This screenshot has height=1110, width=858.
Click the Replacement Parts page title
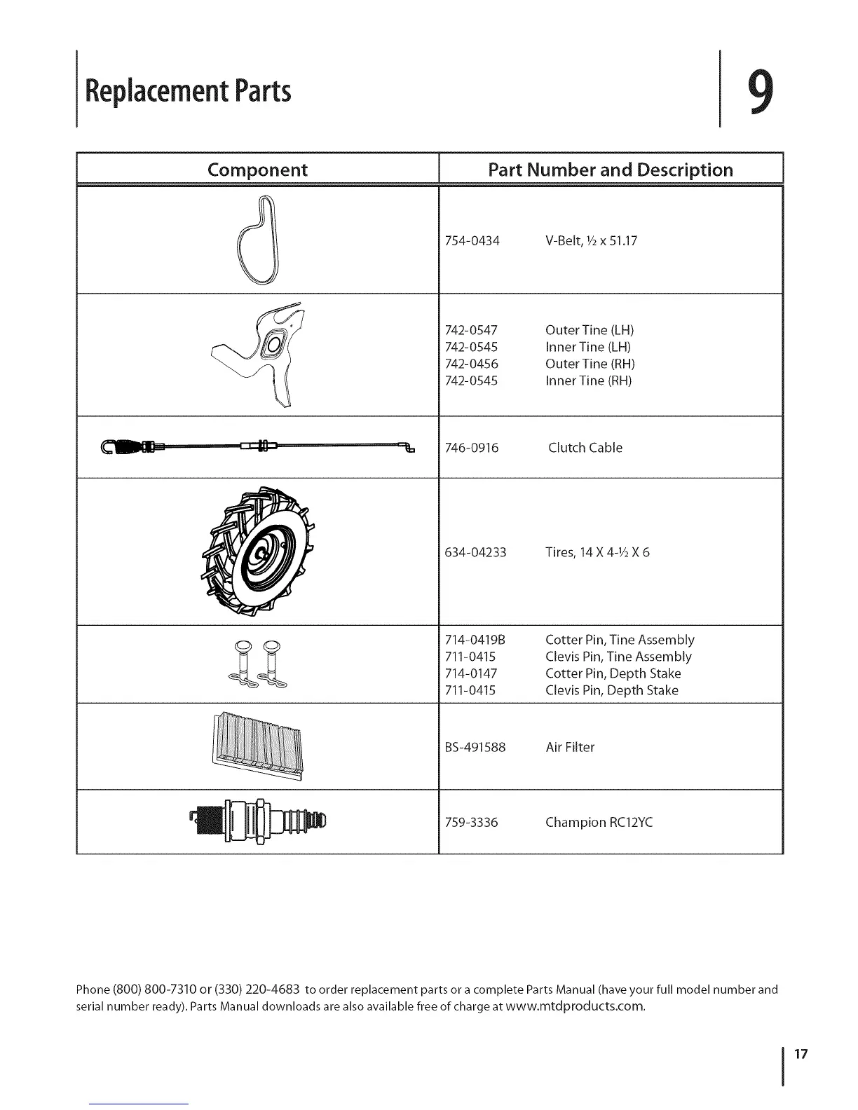click(x=187, y=91)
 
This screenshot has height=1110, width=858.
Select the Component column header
click(x=257, y=170)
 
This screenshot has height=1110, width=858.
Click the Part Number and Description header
click(x=611, y=170)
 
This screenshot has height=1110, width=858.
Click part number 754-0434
click(x=472, y=241)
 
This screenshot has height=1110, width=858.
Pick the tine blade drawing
click(x=266, y=354)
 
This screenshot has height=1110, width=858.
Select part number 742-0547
click(x=472, y=330)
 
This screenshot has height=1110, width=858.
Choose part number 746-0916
click(x=472, y=448)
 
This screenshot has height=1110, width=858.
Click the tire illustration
click(x=258, y=551)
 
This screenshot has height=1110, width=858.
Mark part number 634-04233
click(x=475, y=552)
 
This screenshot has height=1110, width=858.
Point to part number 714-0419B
click(x=475, y=640)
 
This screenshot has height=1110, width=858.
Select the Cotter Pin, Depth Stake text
click(x=613, y=673)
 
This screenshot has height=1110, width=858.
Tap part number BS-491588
click(x=475, y=747)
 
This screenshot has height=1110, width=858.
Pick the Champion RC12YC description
click(x=599, y=822)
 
